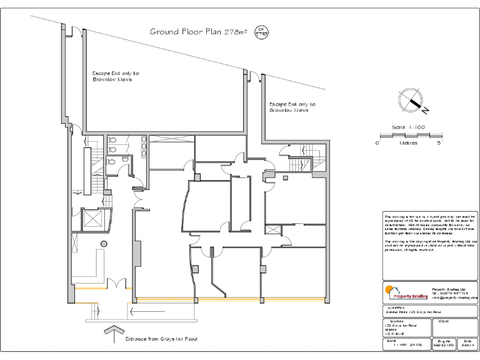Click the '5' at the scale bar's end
[439, 142]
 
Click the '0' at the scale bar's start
[377, 142]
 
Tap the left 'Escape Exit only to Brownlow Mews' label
[116, 76]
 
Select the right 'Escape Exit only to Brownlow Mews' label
[292, 107]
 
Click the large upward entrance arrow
[113, 334]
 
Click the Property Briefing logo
[406, 292]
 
